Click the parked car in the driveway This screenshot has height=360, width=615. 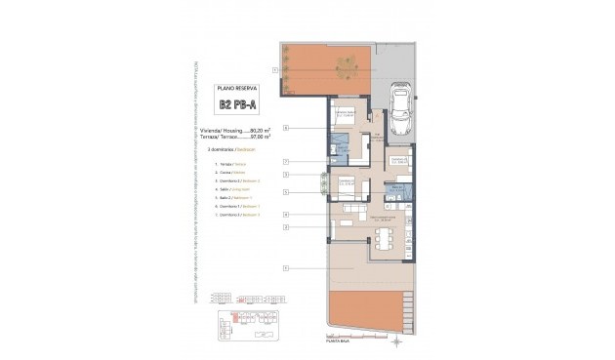pos(400,106)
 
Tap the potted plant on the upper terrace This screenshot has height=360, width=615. pos(345,66)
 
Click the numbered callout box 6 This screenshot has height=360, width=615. pos(285,214)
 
